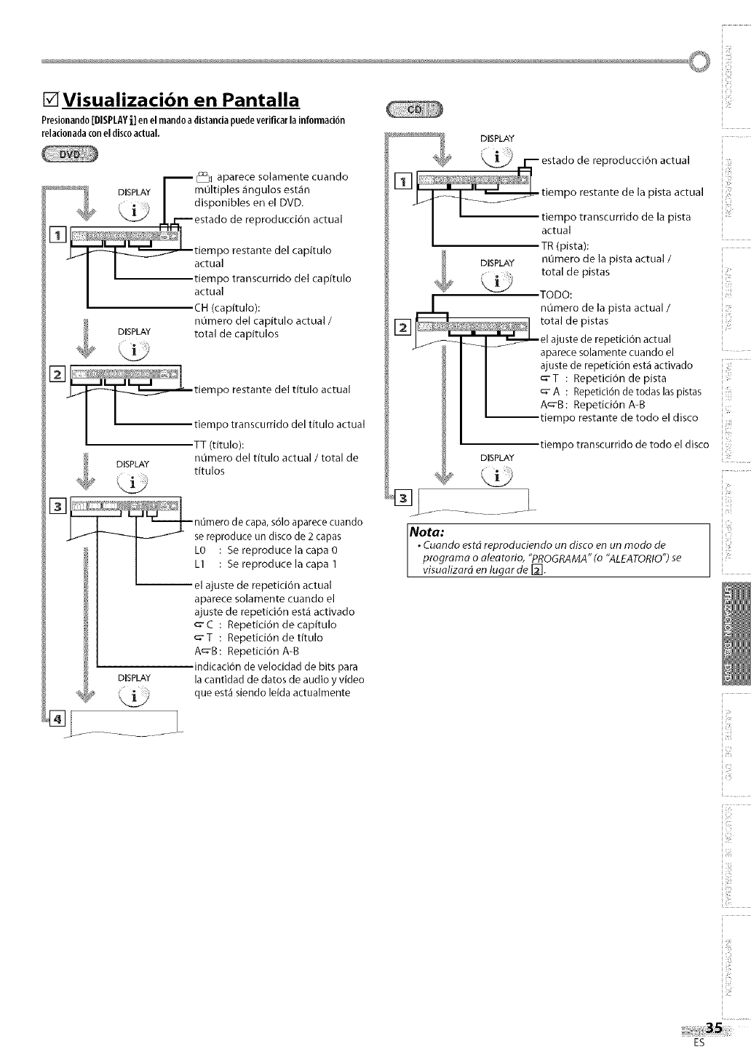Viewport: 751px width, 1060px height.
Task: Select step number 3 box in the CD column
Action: coord(402,498)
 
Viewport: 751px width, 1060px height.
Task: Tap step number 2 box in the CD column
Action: coord(402,328)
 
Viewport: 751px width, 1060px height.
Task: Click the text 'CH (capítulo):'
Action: coord(226,306)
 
